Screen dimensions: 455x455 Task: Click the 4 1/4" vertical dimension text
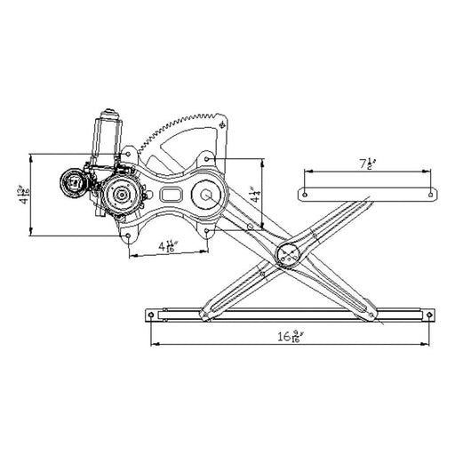coord(255,195)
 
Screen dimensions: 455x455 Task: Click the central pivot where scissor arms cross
coord(290,255)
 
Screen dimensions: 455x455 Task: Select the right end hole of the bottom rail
coord(430,313)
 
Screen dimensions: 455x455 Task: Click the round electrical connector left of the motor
coord(71,185)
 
